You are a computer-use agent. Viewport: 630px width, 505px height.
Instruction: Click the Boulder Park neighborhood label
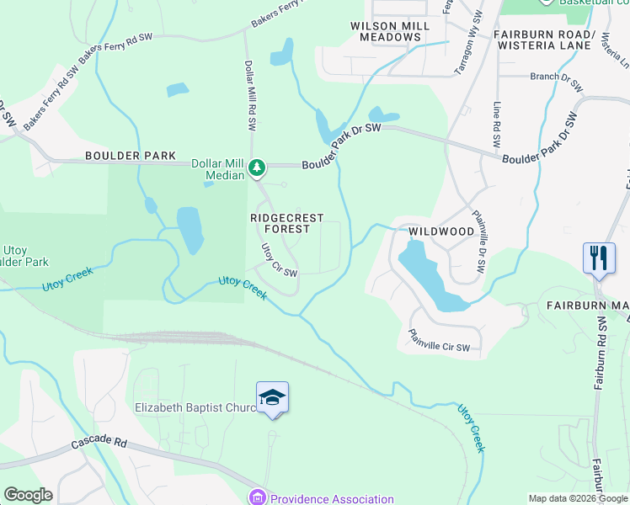pos(130,156)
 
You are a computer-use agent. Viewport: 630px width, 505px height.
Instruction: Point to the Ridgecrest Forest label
pos(287,223)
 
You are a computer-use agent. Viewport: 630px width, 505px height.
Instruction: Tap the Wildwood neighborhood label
pos(441,231)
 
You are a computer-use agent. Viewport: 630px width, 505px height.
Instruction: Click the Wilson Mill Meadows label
pos(390,31)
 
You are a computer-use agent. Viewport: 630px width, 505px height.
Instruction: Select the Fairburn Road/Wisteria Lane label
pos(545,40)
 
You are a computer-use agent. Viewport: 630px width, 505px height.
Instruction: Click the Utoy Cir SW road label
pos(279,260)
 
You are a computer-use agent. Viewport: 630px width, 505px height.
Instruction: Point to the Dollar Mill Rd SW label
pos(250,94)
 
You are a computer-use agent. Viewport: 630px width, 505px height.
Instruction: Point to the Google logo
pos(28,495)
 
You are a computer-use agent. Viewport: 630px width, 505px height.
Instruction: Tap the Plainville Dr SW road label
pos(479,240)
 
